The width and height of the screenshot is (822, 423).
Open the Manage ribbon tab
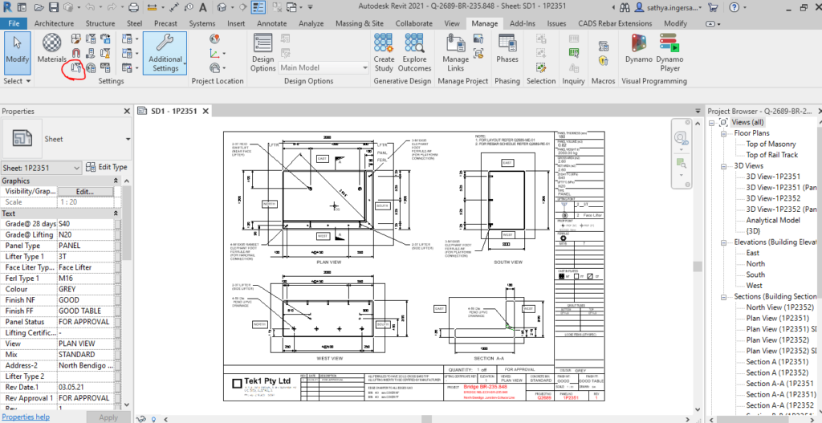click(485, 23)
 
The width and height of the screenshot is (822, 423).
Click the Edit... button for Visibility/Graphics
click(84, 192)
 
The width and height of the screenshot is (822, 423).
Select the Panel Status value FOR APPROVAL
click(84, 321)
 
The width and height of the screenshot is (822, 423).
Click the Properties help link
click(26, 417)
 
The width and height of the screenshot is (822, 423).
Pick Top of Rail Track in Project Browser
click(771, 155)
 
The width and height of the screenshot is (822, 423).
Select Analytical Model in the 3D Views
click(773, 220)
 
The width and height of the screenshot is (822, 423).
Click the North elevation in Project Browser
click(755, 263)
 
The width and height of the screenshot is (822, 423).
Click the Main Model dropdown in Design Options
click(324, 68)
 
